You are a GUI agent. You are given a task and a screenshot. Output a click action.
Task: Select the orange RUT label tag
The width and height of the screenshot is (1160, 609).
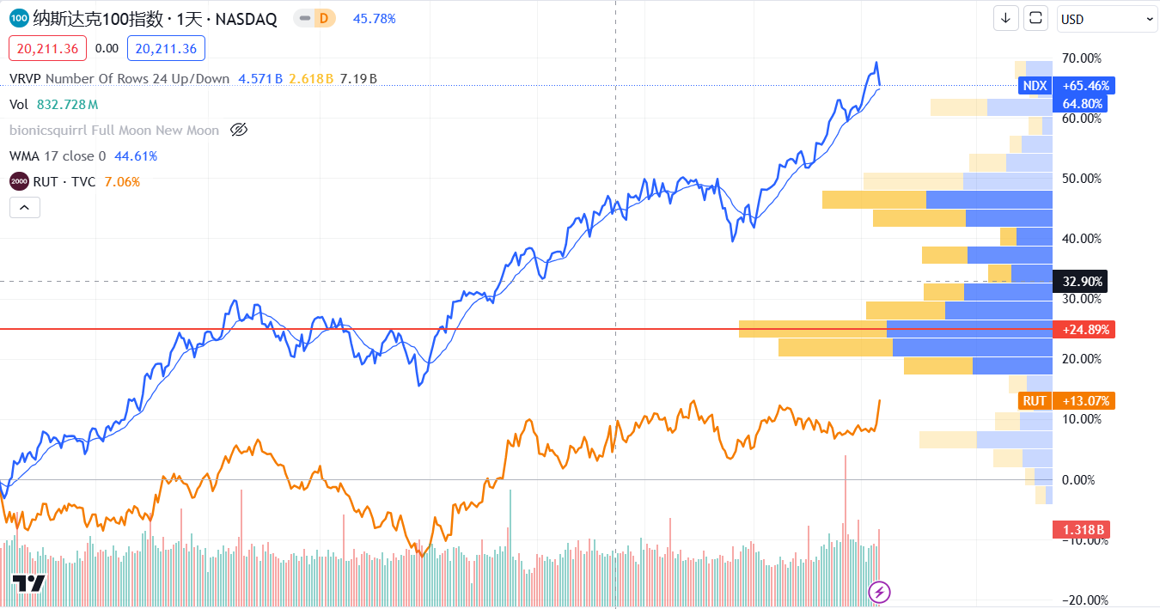(1035, 401)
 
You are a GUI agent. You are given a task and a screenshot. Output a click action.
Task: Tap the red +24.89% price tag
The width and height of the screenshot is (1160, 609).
(1085, 330)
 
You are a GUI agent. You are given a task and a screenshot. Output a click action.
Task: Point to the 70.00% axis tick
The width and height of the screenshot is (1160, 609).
(1082, 58)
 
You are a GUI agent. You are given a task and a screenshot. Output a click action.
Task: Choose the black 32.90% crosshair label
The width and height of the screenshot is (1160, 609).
(1082, 281)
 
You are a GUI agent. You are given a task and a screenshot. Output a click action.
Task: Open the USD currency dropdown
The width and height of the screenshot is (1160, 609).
(1107, 19)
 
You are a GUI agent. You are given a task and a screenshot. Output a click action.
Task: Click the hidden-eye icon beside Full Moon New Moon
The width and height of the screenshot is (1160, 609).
(239, 131)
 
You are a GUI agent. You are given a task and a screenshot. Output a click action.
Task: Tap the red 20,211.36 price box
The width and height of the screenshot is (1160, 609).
(47, 49)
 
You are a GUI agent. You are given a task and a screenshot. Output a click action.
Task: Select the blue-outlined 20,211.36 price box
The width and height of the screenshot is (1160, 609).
(166, 49)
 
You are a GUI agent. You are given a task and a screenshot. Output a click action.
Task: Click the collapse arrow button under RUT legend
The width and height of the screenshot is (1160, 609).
(24, 207)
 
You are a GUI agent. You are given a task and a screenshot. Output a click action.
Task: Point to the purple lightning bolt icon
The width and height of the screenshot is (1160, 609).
(880, 591)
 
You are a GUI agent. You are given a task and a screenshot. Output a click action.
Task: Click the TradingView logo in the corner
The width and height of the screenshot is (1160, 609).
(27, 584)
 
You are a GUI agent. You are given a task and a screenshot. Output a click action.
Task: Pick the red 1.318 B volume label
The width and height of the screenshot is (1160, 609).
(1082, 529)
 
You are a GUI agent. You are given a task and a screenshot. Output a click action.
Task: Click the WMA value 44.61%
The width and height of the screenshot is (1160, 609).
(136, 156)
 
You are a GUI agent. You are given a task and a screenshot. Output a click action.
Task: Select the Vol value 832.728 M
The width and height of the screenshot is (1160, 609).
(67, 105)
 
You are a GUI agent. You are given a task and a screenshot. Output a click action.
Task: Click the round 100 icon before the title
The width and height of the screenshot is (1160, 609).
(19, 19)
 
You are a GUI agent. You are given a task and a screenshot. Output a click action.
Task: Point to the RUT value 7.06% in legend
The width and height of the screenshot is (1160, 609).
(122, 182)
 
